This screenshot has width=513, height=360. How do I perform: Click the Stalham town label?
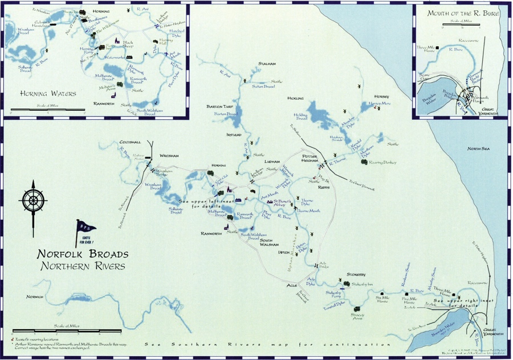pyautogui.click(x=267, y=64)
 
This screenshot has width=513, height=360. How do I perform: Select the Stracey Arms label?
pyautogui.click(x=357, y=315)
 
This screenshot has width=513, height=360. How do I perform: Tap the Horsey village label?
pyautogui.click(x=381, y=96)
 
